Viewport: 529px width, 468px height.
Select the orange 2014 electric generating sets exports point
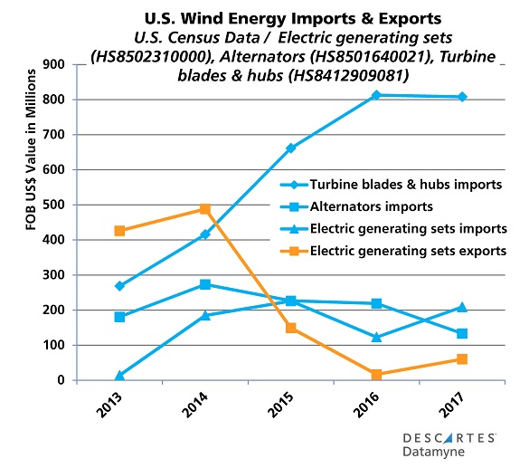pos(205,209)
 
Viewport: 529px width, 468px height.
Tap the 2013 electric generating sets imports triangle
pos(119,375)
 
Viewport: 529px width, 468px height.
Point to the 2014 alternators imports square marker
pos(205,284)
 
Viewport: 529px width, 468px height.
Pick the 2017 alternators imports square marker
pos(462,333)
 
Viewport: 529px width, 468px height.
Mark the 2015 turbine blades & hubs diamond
pos(291,148)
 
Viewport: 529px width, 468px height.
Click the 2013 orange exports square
pos(119,231)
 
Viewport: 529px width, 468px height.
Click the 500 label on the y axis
pos(66,205)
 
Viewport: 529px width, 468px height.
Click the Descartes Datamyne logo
pos(448,444)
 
